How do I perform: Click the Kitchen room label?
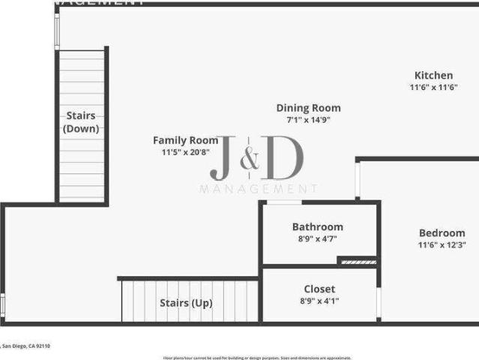[x=433, y=75]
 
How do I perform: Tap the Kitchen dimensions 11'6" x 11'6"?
[x=433, y=88]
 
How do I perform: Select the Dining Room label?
[x=308, y=107]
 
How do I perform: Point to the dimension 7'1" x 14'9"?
[x=308, y=119]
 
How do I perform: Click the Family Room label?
[x=185, y=139]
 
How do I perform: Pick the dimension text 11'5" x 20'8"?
[x=185, y=151]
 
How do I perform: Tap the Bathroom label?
[x=317, y=226]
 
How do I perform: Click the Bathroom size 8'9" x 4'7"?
[x=317, y=239]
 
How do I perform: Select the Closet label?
[x=319, y=289]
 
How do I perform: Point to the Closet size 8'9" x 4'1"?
[x=319, y=301]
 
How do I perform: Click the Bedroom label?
[x=442, y=232]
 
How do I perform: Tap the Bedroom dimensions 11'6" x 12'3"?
[x=442, y=244]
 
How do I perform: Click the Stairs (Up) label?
[x=186, y=303]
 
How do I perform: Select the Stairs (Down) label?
[x=81, y=121]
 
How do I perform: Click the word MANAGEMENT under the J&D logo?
[x=259, y=189]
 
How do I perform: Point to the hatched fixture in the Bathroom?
[x=357, y=261]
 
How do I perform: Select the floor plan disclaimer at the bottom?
[x=256, y=358]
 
